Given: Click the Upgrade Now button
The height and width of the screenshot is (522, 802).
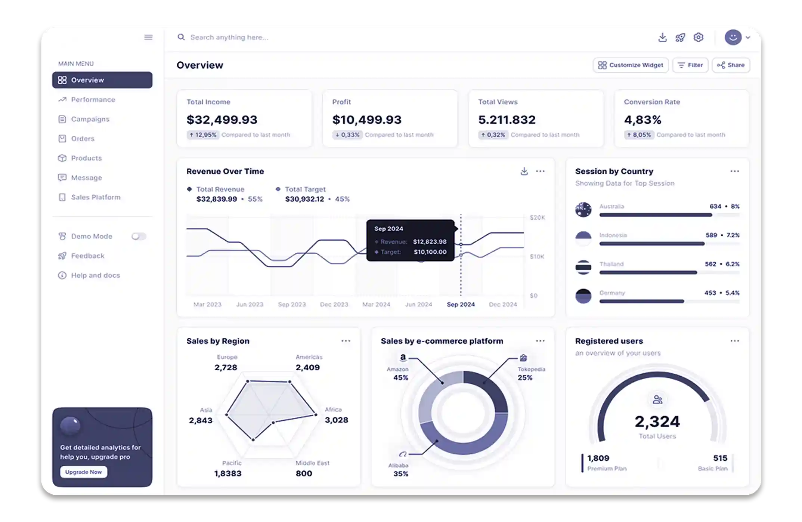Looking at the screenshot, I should (83, 472).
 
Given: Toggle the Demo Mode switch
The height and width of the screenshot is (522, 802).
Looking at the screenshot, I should (139, 236).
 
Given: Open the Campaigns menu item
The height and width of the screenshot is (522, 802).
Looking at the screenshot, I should (90, 119).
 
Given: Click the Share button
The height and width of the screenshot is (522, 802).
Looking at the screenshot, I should (731, 65).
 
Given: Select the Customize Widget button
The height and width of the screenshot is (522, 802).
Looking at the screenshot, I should (631, 65).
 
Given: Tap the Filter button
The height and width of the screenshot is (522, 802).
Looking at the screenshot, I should (690, 65).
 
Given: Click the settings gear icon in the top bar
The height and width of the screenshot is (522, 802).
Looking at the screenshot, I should (698, 37).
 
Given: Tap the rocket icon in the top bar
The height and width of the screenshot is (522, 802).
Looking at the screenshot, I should (680, 37).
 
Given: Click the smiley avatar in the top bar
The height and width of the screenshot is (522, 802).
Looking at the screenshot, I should (733, 37).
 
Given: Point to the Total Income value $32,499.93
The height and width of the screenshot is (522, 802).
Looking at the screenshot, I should (222, 120).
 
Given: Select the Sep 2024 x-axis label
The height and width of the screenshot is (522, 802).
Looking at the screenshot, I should (461, 305).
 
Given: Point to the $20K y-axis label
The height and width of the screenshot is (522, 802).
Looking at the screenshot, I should (537, 217).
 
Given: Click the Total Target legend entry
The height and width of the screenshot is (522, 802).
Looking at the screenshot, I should (305, 189).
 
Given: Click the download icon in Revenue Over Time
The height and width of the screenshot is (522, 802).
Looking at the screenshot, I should (524, 171).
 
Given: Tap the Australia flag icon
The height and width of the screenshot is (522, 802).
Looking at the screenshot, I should (583, 210).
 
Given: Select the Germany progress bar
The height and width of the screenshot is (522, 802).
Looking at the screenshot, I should (642, 301).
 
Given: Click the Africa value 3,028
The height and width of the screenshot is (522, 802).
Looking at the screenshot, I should (336, 420).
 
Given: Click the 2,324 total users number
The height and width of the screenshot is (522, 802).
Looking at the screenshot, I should (657, 421).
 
